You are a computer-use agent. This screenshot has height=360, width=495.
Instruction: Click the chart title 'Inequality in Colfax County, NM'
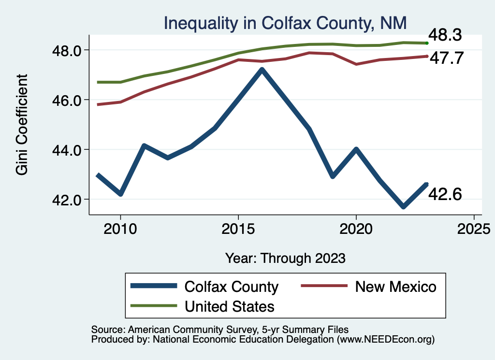pyautogui.click(x=285, y=23)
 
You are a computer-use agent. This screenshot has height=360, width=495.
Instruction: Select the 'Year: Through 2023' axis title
pyautogui.click(x=285, y=258)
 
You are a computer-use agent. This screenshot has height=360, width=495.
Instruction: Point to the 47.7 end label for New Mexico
pyautogui.click(x=447, y=58)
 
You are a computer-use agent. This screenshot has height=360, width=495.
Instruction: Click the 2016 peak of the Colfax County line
pyautogui.click(x=262, y=70)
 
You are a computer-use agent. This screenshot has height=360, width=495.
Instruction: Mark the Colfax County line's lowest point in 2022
pyautogui.click(x=403, y=207)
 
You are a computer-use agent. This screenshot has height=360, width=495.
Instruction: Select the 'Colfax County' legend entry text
pyautogui.click(x=232, y=287)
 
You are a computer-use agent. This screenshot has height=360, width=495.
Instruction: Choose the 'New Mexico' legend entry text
pyautogui.click(x=395, y=287)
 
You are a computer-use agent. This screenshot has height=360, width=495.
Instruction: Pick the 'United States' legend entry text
pyautogui.click(x=230, y=306)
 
